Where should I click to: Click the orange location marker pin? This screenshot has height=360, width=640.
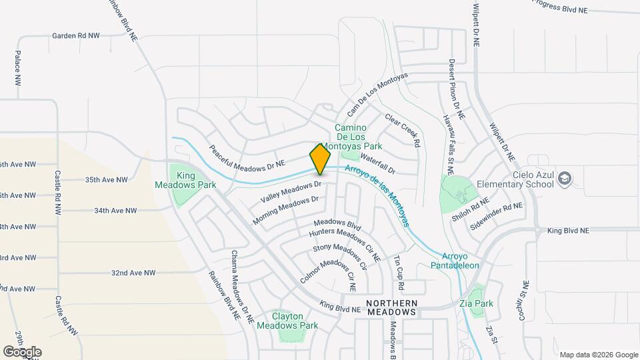click(320, 159)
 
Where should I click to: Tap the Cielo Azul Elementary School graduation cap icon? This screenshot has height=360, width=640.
click(565, 178)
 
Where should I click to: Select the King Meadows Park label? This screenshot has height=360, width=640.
click(176, 179)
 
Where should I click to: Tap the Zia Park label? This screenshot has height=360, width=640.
click(476, 303)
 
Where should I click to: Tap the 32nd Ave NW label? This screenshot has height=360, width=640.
click(133, 273)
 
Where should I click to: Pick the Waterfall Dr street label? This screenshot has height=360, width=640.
click(378, 163)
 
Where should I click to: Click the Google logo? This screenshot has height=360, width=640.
click(22, 352)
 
